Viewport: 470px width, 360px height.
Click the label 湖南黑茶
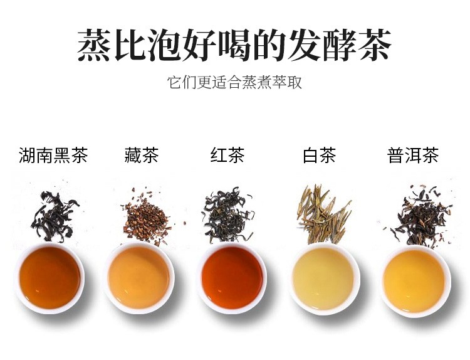click(x=53, y=155)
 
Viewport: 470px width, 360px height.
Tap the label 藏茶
click(x=141, y=155)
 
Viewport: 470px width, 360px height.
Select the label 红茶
click(x=227, y=155)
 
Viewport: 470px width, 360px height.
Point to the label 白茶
click(x=319, y=155)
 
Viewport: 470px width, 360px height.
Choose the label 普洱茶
click(x=413, y=155)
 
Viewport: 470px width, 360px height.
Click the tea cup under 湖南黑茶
click(x=50, y=278)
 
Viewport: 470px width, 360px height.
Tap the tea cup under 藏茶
click(x=139, y=278)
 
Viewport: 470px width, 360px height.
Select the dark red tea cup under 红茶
click(x=232, y=278)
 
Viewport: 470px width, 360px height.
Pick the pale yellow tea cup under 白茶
click(x=325, y=279)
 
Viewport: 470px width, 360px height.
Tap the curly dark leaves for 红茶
click(x=228, y=215)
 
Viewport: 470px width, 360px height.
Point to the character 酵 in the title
click(x=340, y=45)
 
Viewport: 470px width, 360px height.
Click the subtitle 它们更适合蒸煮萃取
click(x=235, y=82)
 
